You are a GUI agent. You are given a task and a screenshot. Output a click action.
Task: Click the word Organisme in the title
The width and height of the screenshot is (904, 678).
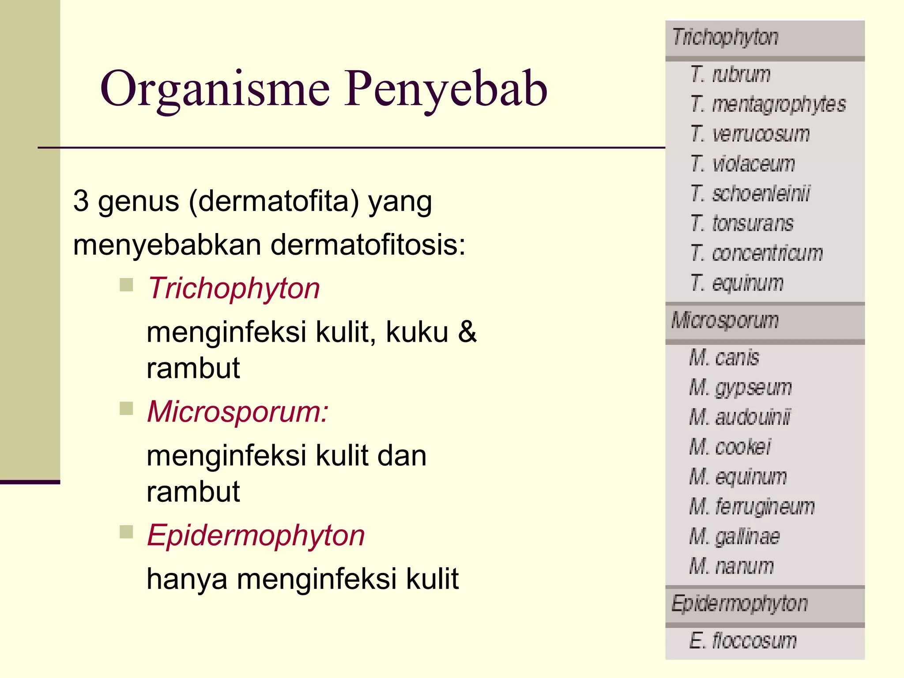pos(215,90)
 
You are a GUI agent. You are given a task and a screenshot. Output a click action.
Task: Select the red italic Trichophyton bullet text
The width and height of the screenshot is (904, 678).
pos(234,288)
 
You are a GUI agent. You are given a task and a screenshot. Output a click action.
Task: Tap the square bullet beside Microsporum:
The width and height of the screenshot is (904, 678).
pos(126,409)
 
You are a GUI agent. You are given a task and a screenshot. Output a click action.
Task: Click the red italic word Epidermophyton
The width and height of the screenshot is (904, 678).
pos(256,535)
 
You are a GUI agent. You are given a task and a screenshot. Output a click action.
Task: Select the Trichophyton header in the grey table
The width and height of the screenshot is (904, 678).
pos(725,38)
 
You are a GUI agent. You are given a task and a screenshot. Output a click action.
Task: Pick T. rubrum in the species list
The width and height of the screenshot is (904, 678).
pos(731,74)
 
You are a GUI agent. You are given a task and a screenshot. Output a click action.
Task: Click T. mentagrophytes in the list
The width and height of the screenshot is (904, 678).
pos(768,104)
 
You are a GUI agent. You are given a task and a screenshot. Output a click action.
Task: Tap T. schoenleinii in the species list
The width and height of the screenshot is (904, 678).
pos(750,193)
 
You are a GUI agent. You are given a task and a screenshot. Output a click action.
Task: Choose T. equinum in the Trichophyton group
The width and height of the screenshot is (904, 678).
pos(737,283)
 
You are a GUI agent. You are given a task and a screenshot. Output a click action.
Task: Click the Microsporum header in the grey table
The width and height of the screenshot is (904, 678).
pos(725,320)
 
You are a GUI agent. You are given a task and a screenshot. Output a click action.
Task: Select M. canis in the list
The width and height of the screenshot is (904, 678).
pos(724,358)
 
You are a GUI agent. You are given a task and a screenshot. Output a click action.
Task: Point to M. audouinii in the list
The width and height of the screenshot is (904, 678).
pos(740,417)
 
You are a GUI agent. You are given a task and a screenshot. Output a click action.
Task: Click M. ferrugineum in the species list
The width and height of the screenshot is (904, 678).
pos(752,506)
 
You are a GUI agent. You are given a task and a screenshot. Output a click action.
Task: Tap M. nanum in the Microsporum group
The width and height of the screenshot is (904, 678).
pos(731,566)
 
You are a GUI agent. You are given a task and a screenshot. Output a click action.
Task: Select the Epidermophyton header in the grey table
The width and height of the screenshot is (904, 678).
pos(739,604)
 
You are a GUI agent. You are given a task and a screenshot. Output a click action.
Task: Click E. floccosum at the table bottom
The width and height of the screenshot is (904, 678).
pos(743,640)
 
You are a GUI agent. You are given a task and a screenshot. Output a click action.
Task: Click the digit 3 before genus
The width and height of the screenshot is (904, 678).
pos(81,201)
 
